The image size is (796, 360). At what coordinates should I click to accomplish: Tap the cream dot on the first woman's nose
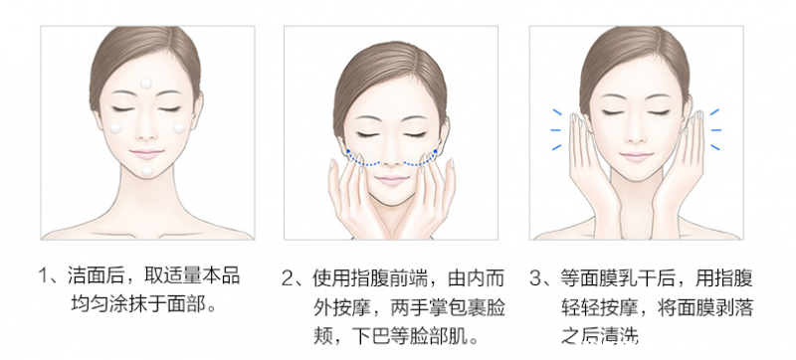coord(147,123)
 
